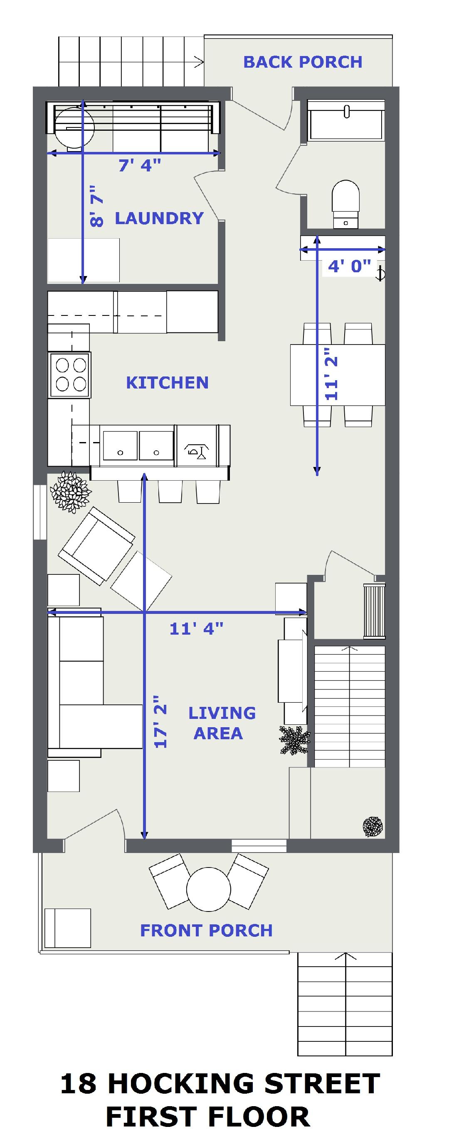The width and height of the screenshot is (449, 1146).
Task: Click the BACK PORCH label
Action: (303, 62)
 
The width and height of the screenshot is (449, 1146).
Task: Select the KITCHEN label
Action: (167, 383)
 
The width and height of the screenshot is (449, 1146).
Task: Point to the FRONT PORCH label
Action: (206, 930)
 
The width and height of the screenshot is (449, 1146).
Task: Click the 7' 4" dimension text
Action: (139, 166)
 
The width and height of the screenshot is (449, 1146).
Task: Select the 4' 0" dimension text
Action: (349, 266)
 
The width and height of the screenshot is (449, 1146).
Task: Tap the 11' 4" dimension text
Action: (196, 628)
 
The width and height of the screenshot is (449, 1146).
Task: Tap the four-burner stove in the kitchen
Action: (70, 374)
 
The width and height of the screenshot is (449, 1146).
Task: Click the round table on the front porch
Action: (208, 890)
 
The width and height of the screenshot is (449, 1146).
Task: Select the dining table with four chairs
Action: (338, 374)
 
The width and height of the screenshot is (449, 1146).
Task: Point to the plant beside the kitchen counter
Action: (70, 491)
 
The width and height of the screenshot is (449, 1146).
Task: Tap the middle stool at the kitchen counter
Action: (170, 491)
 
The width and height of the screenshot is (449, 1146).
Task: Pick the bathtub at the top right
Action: (346, 120)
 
